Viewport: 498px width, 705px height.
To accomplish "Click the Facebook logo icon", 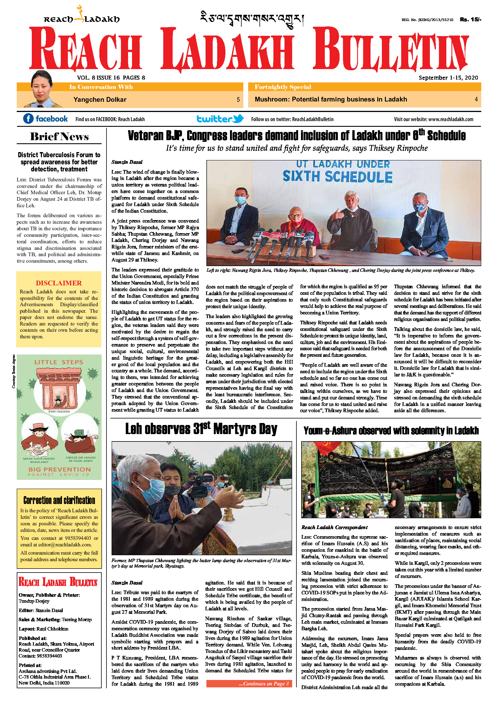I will [28, 119].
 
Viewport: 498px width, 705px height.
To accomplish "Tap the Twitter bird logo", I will [238, 119].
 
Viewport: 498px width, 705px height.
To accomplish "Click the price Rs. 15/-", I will [470, 19].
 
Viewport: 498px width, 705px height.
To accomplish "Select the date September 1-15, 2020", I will [448, 78].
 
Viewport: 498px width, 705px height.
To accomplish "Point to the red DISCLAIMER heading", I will [59, 283].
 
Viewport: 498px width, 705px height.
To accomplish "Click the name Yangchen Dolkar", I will [100, 99].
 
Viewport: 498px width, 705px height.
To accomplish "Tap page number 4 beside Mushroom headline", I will [476, 99].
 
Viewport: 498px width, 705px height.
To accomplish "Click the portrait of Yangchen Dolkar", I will [41, 89].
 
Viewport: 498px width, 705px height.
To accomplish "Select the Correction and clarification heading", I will [59, 500].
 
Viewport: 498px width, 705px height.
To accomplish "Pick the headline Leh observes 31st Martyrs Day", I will [201, 429].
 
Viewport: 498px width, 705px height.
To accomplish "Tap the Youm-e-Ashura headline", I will [391, 430].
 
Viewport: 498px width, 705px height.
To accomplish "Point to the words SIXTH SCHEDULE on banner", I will [337, 177].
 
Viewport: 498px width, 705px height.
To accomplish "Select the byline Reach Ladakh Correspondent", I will [334, 527].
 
